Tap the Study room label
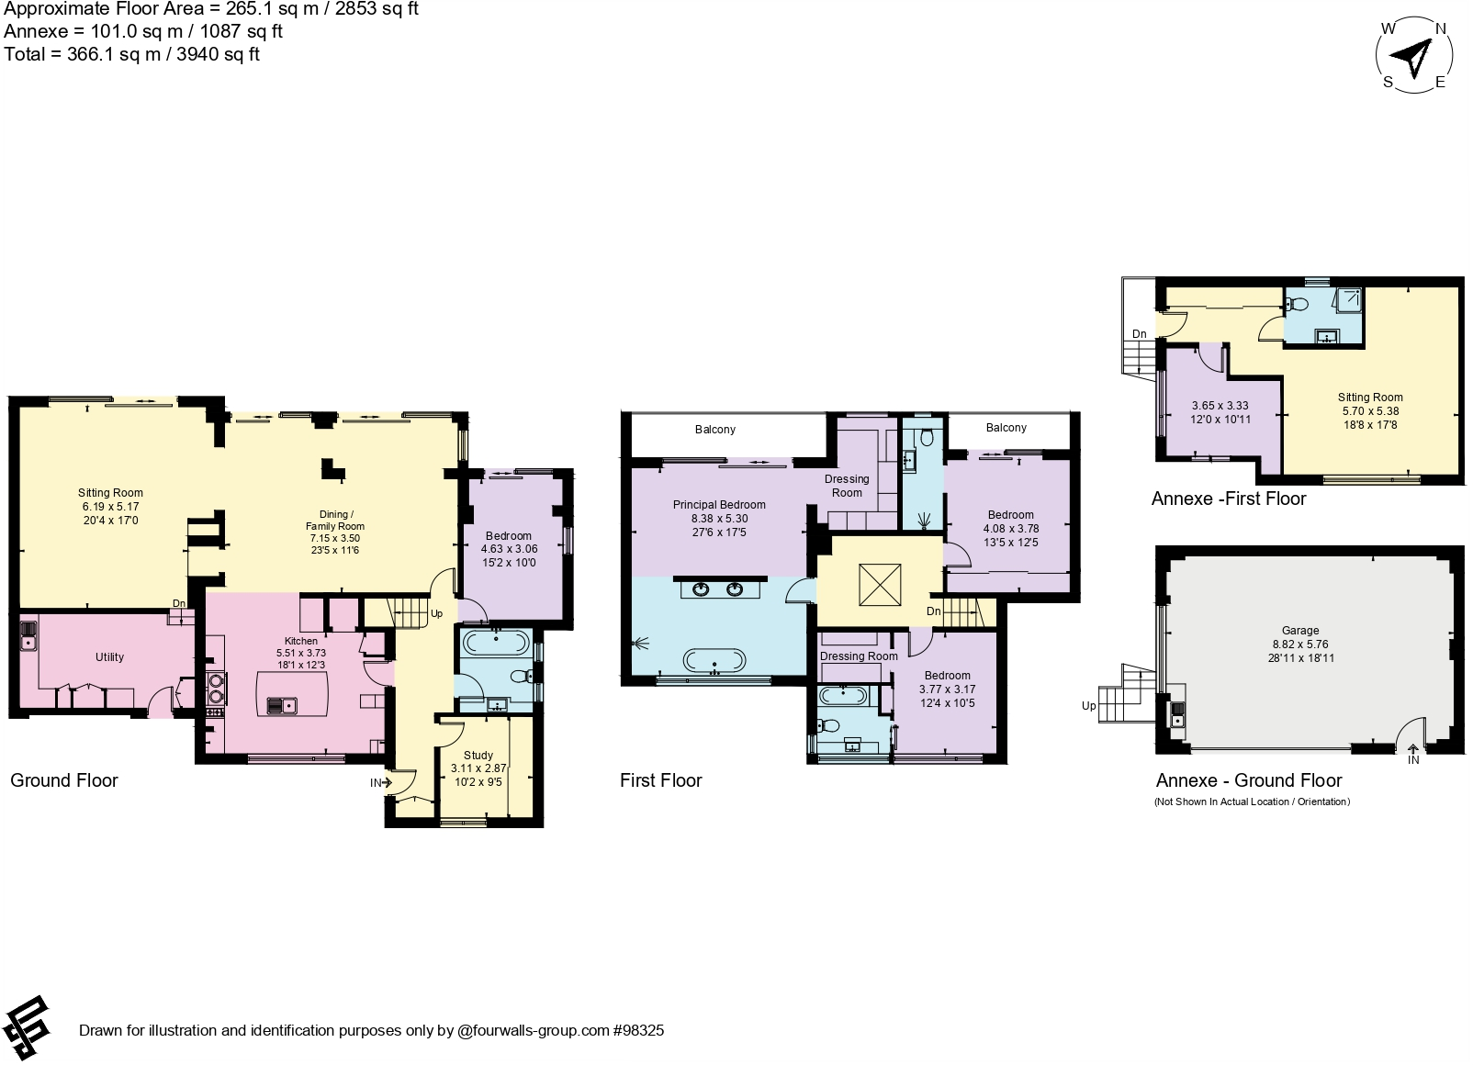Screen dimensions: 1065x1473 tap(478, 756)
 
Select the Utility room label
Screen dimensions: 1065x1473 tap(109, 657)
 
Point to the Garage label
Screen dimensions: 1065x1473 tap(1300, 631)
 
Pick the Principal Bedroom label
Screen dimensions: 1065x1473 tap(719, 505)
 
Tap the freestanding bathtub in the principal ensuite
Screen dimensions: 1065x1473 tap(714, 659)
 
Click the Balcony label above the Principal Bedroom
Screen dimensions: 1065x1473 tap(714, 430)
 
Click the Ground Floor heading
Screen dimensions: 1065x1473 tap(64, 780)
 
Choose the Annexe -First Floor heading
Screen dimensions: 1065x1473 tap(1228, 499)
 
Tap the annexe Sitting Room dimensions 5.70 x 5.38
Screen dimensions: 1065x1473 tap(1369, 411)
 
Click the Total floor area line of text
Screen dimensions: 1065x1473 tap(131, 55)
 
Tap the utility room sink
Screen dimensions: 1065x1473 tap(28, 634)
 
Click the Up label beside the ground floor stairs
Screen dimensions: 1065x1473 tap(436, 613)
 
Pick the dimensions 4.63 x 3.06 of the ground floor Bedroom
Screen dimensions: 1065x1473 tap(509, 549)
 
